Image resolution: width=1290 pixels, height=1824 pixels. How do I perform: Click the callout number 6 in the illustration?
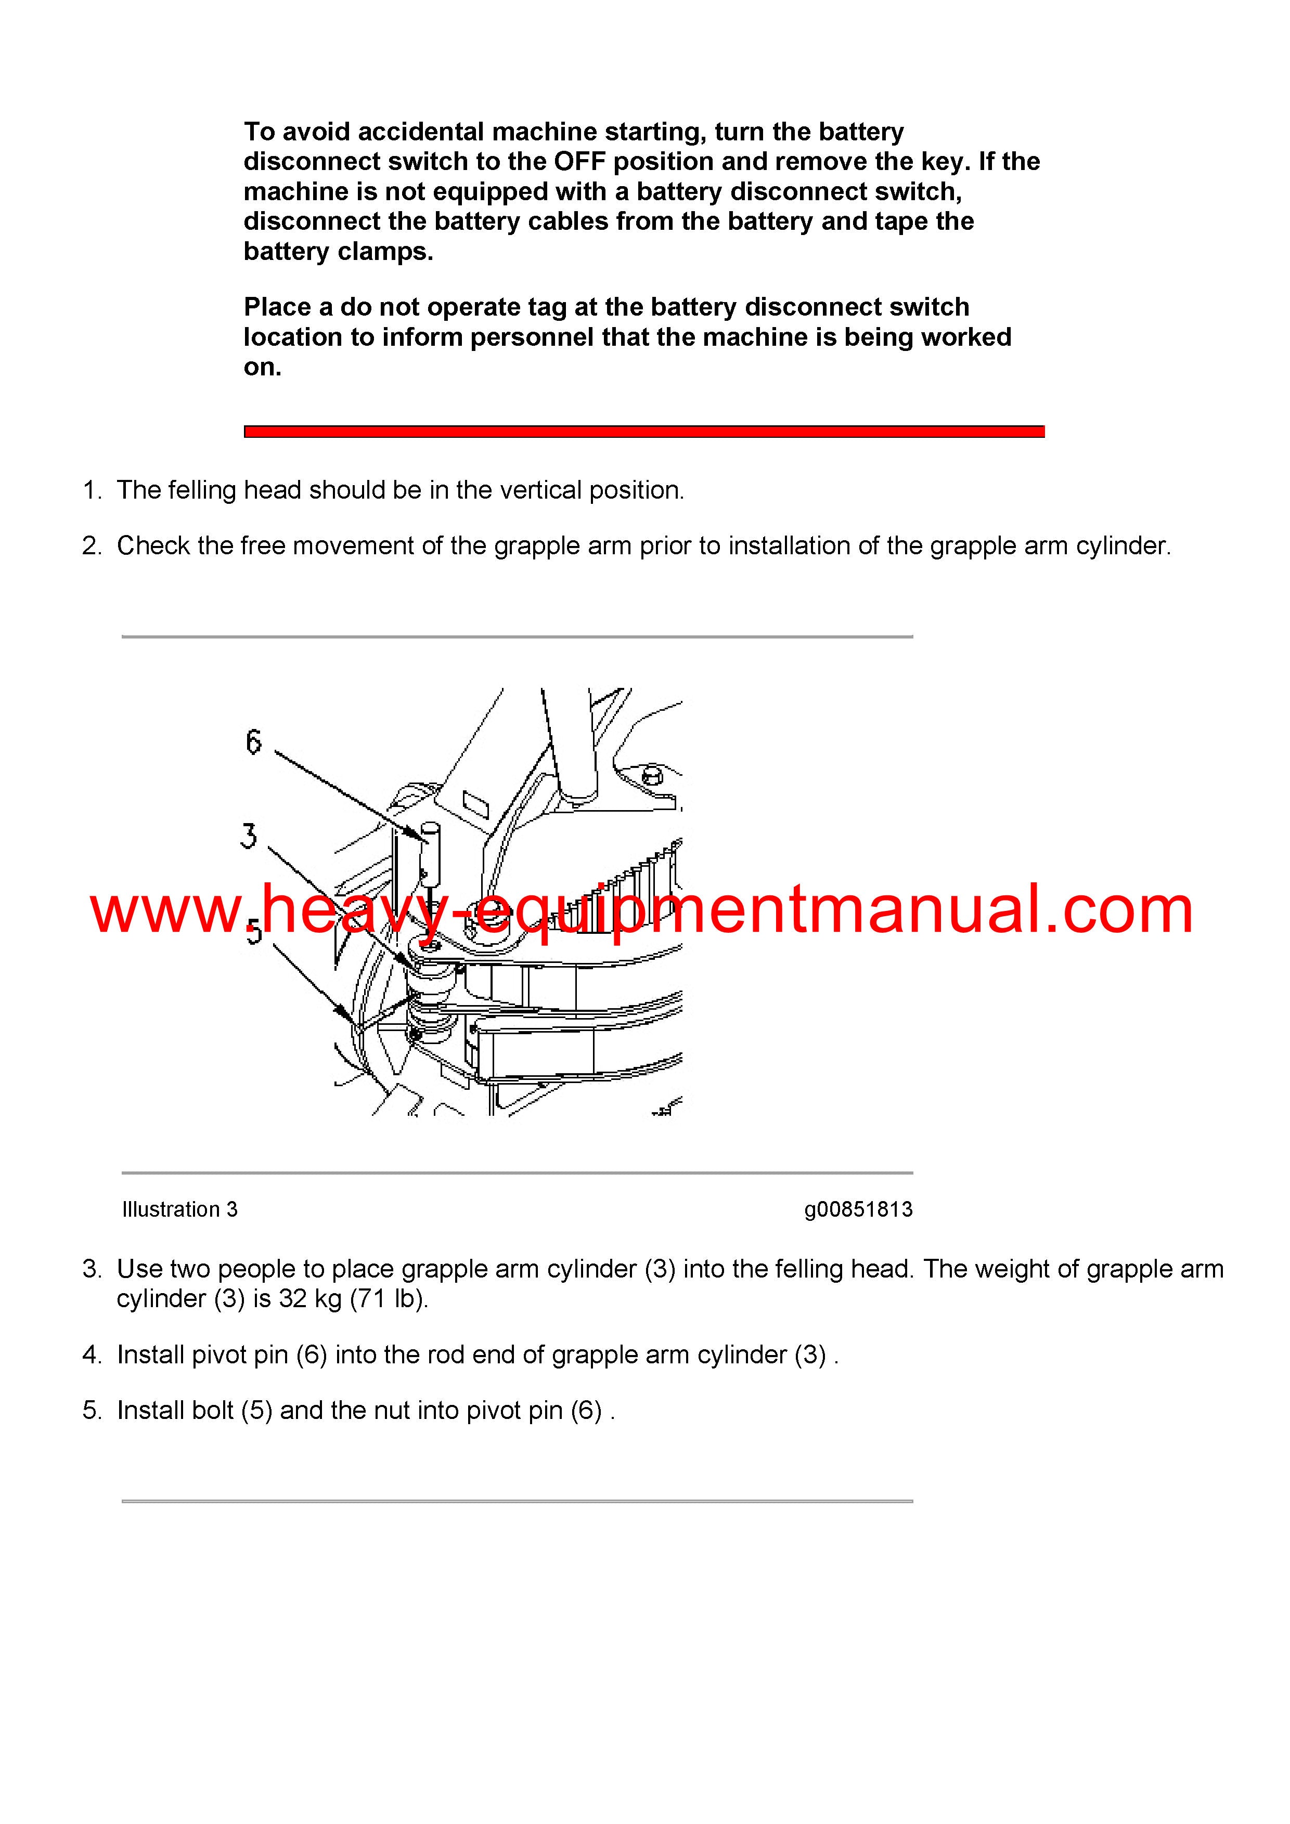253,741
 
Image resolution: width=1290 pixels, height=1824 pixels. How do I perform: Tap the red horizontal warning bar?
644,432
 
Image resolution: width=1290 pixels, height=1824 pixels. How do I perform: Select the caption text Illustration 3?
179,1209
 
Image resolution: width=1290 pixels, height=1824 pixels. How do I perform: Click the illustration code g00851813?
858,1209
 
